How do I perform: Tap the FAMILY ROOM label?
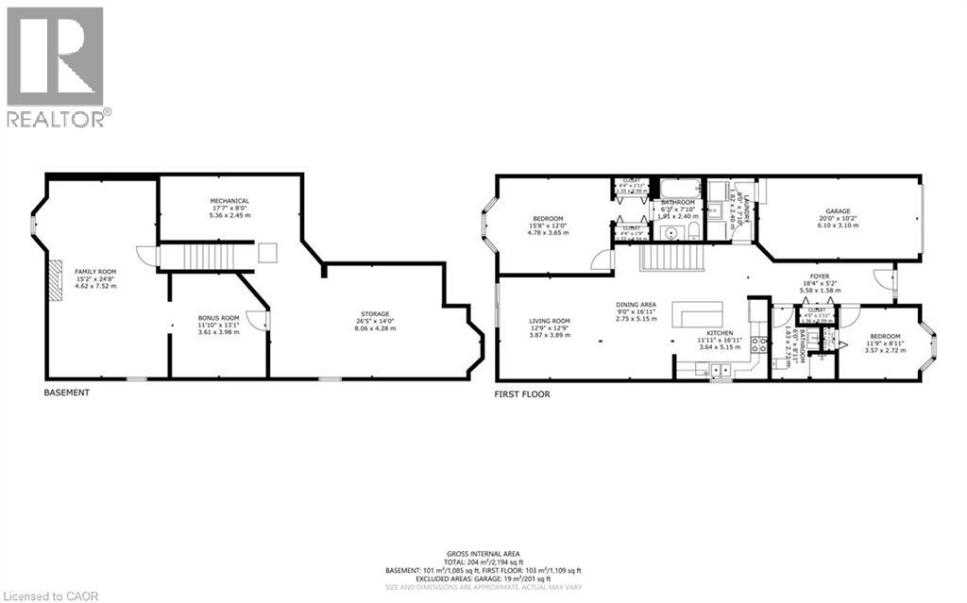pyautogui.click(x=94, y=278)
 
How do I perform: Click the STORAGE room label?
pyautogui.click(x=375, y=320)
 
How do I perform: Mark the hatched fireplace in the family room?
pyautogui.click(x=57, y=280)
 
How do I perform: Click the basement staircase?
pyautogui.click(x=205, y=256)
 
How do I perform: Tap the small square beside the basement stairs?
pyautogui.click(x=268, y=252)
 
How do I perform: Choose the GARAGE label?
pyautogui.click(x=838, y=217)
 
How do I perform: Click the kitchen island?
pyautogui.click(x=698, y=315)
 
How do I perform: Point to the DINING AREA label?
pyautogui.click(x=635, y=310)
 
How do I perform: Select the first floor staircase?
pyautogui.click(x=674, y=256)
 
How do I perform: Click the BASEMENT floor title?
pyautogui.click(x=66, y=393)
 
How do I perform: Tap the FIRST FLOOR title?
pyautogui.click(x=522, y=394)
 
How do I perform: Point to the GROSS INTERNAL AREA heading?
pyautogui.click(x=483, y=554)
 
